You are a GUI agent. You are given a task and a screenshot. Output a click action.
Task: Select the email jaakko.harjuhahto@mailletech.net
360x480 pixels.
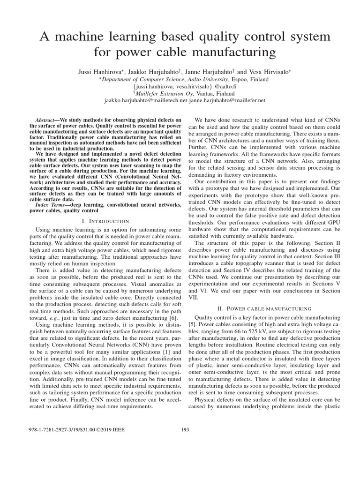click(146, 101)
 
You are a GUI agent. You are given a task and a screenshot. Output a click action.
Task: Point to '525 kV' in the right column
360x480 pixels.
click(253, 333)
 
